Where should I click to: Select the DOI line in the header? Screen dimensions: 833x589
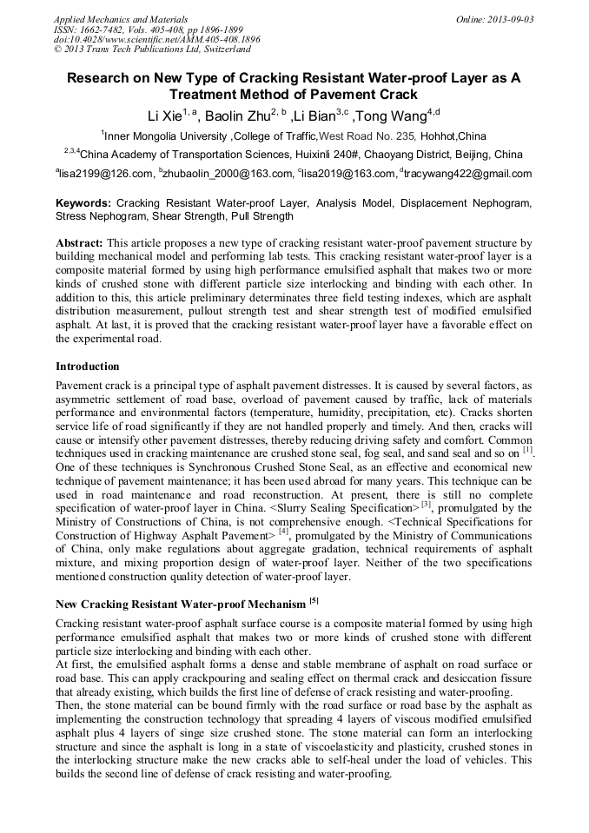(x=156, y=39)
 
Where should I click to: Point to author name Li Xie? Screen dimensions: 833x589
(x=162, y=116)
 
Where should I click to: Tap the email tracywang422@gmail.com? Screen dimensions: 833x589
(x=468, y=174)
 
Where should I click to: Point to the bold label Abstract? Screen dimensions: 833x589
(x=80, y=243)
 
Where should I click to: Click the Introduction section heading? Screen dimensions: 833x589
(x=88, y=367)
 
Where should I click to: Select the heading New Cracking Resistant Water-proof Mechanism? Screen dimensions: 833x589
(x=180, y=604)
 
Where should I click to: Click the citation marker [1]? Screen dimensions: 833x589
(x=527, y=450)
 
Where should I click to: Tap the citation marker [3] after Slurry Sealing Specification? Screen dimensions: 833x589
(x=426, y=504)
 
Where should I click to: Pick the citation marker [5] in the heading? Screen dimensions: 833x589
(x=314, y=601)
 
